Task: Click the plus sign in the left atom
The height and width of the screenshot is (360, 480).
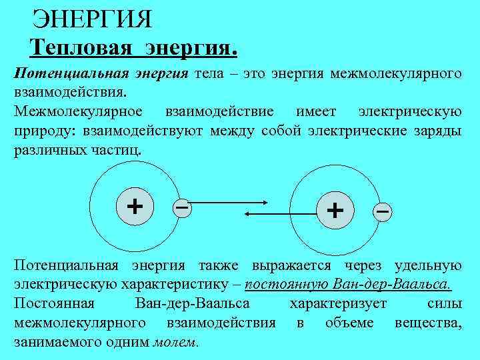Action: tap(135, 205)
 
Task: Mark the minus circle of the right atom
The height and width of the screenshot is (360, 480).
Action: tap(382, 211)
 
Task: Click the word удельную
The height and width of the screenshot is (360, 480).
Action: tap(428, 265)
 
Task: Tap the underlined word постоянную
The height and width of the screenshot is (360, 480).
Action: tap(285, 285)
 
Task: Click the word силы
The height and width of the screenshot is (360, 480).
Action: tap(444, 304)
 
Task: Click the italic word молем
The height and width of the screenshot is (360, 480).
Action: tap(175, 342)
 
